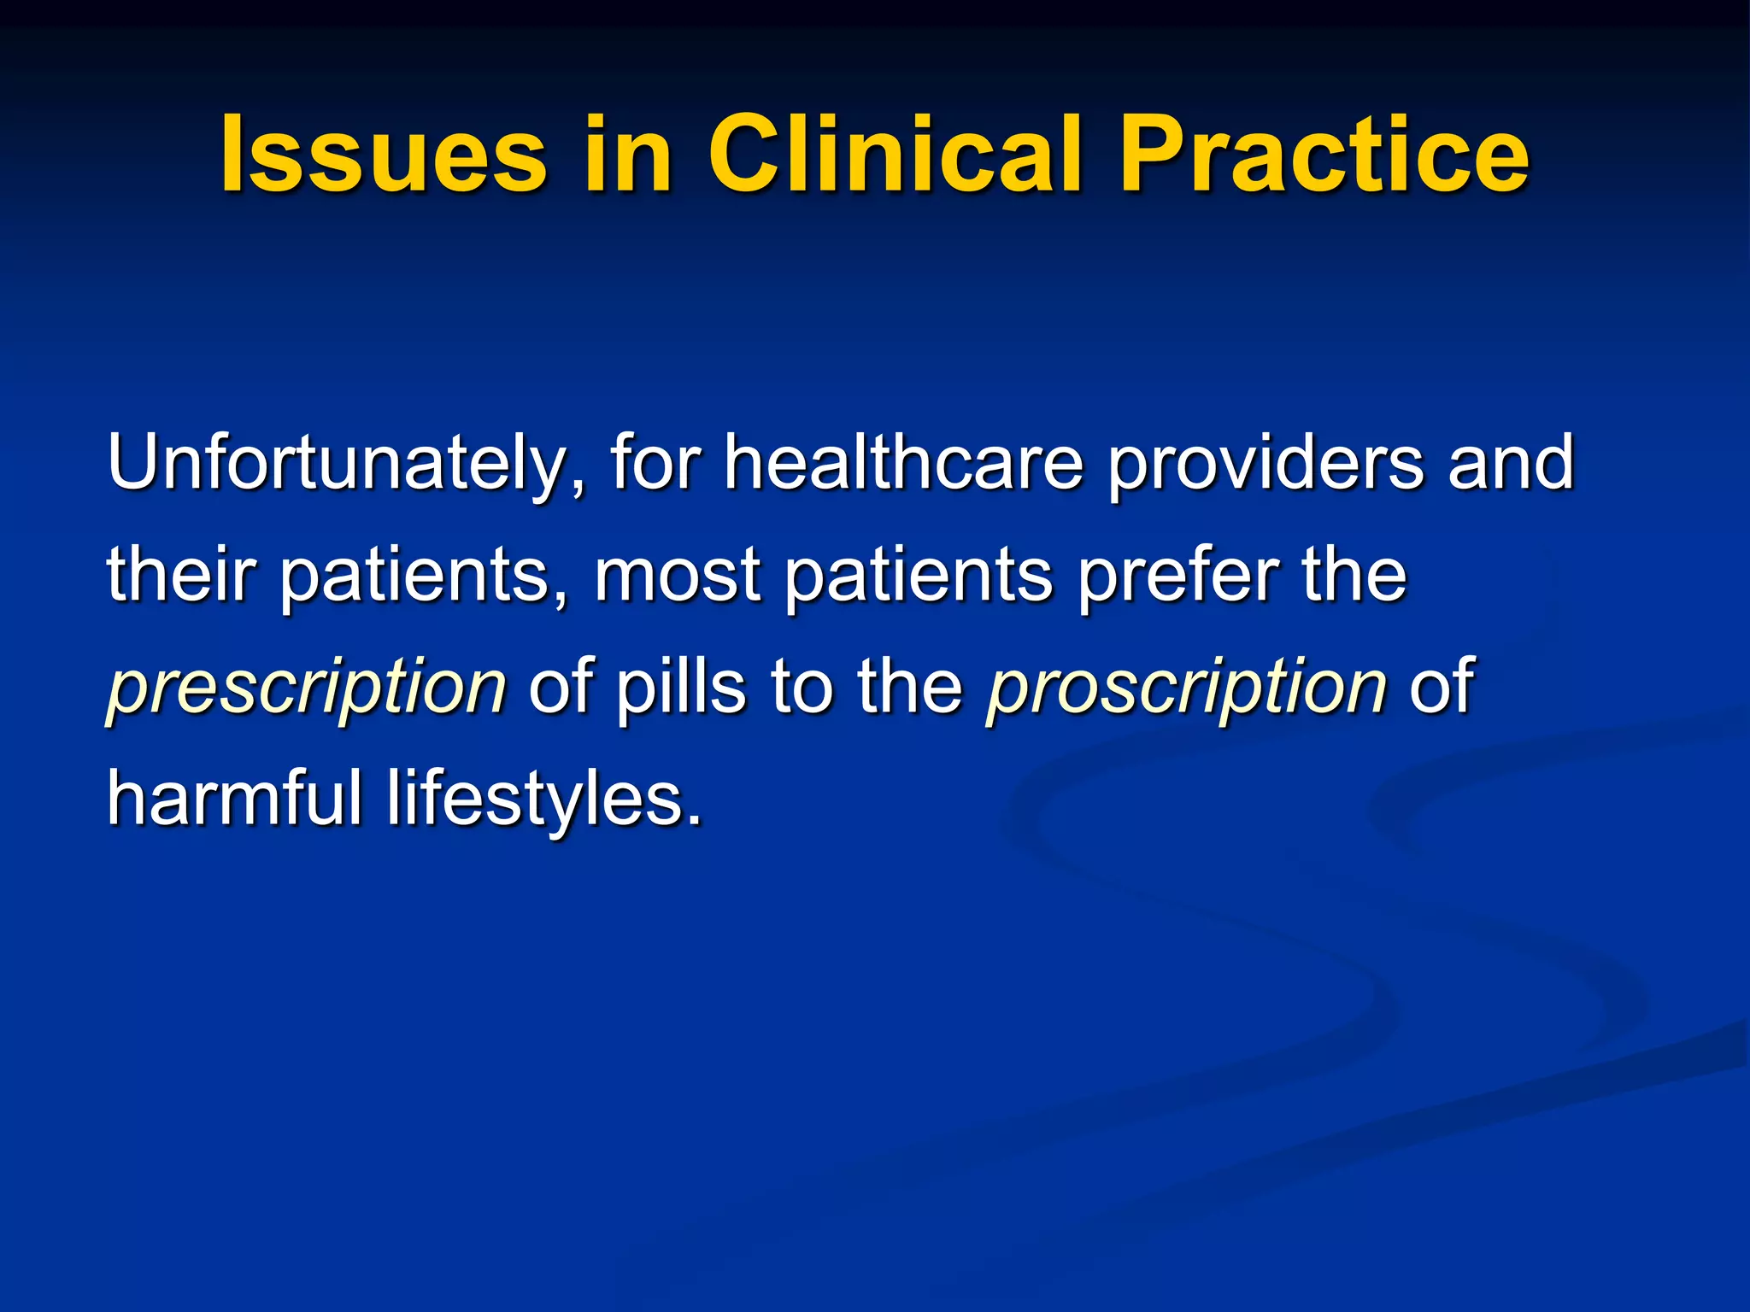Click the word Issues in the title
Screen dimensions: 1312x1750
384,155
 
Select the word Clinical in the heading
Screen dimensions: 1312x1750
895,155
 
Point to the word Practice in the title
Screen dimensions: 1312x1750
1324,155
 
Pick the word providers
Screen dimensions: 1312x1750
1265,463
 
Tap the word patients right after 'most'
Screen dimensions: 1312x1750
919,576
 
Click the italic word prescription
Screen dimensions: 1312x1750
307,688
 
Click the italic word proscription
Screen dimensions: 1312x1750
1186,688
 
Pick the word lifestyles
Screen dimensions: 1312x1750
544,799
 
